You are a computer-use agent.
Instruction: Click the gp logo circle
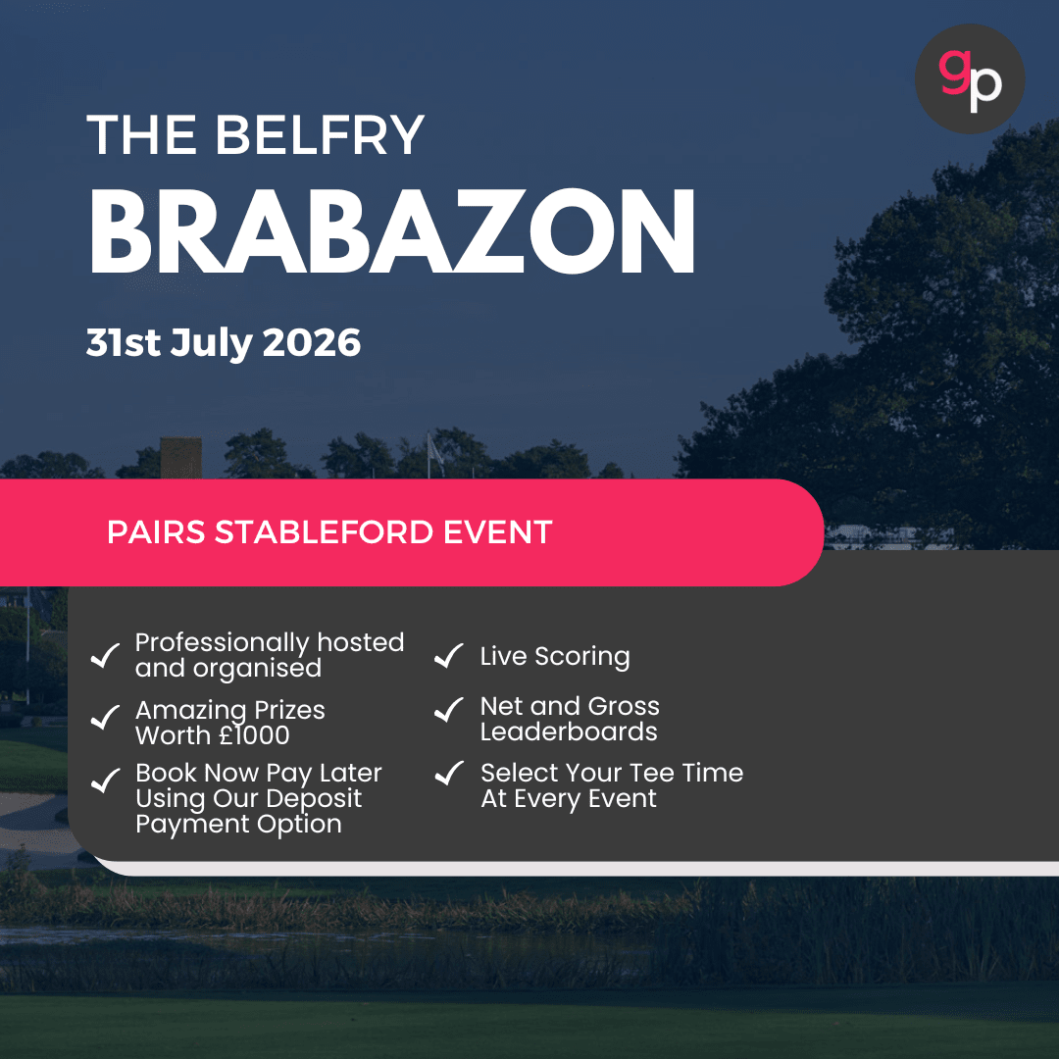point(969,79)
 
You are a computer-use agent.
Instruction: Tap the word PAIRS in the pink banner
point(156,532)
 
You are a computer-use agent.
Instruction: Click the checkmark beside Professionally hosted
point(105,656)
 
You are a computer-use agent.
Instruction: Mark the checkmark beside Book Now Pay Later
point(105,781)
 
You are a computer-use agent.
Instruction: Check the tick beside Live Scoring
point(449,656)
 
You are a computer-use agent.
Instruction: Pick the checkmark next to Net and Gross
point(449,709)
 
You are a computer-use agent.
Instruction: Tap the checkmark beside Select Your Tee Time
point(449,775)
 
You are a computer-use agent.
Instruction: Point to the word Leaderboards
point(569,732)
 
